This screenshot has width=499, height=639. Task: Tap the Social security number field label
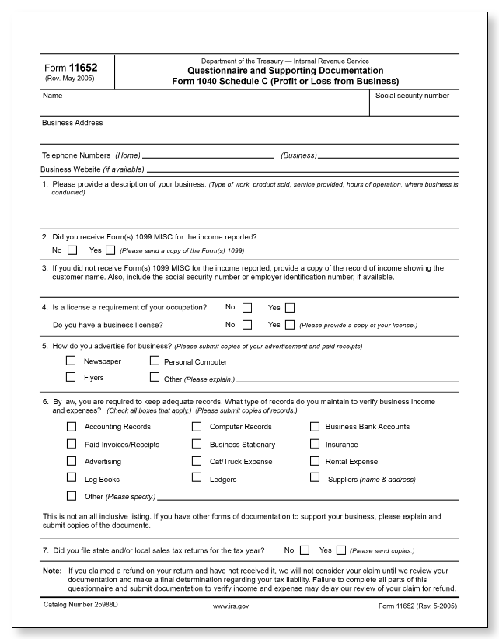411,96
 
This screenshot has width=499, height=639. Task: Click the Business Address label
72,123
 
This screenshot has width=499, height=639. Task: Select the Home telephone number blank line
208,155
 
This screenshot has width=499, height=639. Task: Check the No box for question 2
72,250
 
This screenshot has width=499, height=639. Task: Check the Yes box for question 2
110,250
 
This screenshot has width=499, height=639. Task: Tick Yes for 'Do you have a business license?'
290,325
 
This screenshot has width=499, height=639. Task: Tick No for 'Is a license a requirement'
247,308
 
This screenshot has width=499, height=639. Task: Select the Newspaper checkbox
72,361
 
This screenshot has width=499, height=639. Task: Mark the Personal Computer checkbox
155,361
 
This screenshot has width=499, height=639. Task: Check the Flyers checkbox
72,377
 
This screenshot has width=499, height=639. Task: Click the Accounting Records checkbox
72,426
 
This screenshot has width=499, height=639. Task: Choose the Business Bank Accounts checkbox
315,426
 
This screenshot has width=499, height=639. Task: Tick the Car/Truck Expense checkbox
197,461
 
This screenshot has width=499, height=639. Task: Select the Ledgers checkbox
197,479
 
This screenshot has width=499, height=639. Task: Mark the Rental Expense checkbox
315,461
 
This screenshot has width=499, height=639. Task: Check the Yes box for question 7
340,550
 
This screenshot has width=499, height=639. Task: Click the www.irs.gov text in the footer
230,605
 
